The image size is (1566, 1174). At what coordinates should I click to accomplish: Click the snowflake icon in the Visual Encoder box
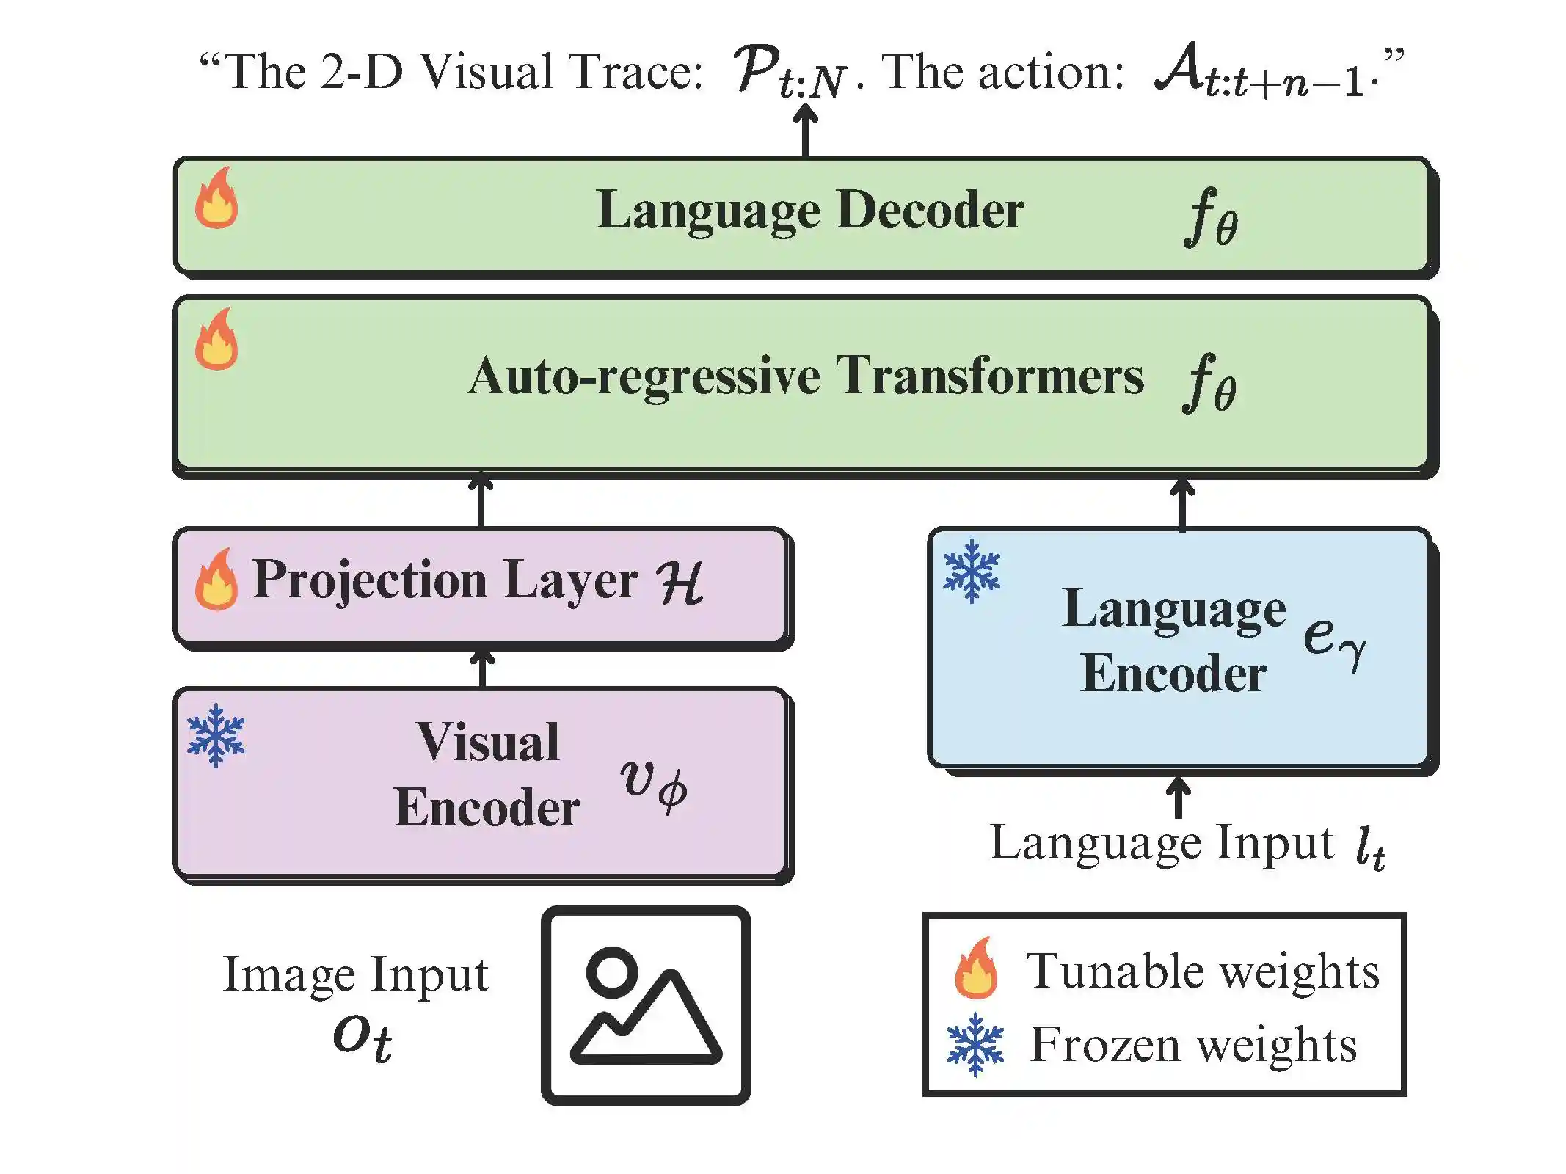(x=216, y=735)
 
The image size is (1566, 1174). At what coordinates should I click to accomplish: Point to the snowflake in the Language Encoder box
(x=972, y=571)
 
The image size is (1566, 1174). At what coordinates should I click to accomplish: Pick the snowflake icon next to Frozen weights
(x=975, y=1044)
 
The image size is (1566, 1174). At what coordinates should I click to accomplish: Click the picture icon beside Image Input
(x=646, y=1005)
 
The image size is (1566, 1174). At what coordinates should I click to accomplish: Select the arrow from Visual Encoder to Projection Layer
(x=481, y=668)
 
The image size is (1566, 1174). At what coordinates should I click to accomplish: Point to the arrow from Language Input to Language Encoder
(x=1178, y=797)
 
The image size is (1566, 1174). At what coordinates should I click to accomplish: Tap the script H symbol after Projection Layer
(x=680, y=583)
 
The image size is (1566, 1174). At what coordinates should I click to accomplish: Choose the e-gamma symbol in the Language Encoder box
(x=1334, y=637)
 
